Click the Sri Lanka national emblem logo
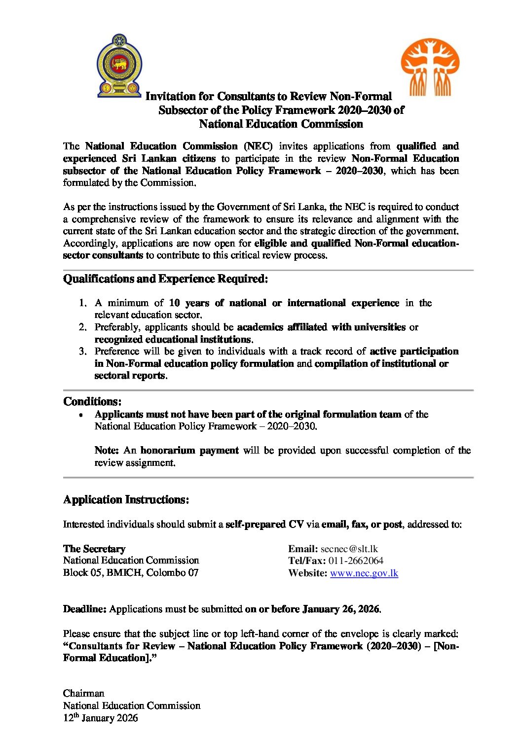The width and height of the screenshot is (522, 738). pyautogui.click(x=119, y=66)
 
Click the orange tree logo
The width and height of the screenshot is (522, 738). pyautogui.click(x=430, y=67)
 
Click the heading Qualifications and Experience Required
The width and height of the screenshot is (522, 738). pyautogui.click(x=165, y=279)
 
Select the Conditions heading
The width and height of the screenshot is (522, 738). pyautogui.click(x=92, y=401)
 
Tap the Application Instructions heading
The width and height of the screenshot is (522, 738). pyautogui.click(x=126, y=500)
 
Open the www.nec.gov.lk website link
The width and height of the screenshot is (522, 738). pyautogui.click(x=364, y=573)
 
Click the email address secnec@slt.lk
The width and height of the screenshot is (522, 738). pyautogui.click(x=349, y=549)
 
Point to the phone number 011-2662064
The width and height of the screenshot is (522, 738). pyautogui.click(x=355, y=561)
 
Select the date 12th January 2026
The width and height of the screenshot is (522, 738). pyautogui.click(x=100, y=718)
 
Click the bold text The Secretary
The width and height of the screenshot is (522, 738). pyautogui.click(x=94, y=549)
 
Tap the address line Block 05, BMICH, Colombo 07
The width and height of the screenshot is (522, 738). pyautogui.click(x=131, y=573)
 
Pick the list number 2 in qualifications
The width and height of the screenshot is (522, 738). pyautogui.click(x=82, y=327)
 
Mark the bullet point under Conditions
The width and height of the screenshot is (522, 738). pyautogui.click(x=80, y=415)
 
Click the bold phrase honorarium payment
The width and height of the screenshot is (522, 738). pyautogui.click(x=189, y=451)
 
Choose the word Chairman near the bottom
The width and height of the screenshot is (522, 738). pyautogui.click(x=83, y=694)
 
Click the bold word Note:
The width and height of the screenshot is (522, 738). pyautogui.click(x=107, y=451)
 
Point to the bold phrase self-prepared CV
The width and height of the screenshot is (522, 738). pyautogui.click(x=264, y=525)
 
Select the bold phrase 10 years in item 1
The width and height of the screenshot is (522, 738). pyautogui.click(x=189, y=303)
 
